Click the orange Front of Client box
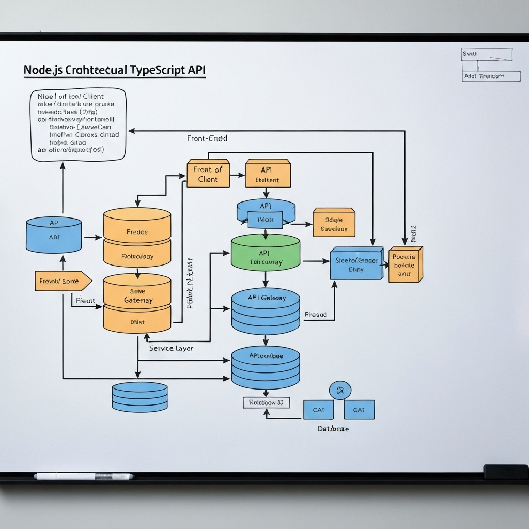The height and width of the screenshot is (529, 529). pos(208,174)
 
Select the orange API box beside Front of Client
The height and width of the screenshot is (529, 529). pos(268,174)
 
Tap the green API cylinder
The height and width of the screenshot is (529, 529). pos(265,253)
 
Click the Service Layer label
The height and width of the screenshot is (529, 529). pos(172,348)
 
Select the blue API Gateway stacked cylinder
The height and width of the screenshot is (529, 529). pos(265,311)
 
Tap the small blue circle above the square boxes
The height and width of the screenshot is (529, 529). pos(340,390)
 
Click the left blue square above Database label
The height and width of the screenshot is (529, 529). pos(318,410)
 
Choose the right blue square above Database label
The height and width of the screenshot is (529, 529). pos(359,410)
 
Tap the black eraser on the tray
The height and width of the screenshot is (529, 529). pos(505,472)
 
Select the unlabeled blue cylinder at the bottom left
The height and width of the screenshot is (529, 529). pos(139,397)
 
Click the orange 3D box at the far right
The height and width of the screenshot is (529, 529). pos(406,264)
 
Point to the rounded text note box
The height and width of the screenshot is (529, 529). pos(78,124)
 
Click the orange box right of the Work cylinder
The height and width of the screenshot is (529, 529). pos(334,223)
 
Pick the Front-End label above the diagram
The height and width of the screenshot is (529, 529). pos(207,138)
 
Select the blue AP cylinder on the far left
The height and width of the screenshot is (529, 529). pos(54,235)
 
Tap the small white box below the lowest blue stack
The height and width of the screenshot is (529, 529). pos(266,402)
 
